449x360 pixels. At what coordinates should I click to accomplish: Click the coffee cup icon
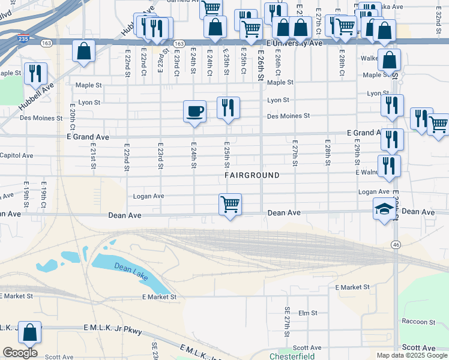[x=194, y=112]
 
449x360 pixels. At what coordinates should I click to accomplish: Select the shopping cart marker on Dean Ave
[x=231, y=205]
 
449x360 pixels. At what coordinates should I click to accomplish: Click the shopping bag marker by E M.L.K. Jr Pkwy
[x=29, y=332]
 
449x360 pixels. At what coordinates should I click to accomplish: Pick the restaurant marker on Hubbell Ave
[x=35, y=74]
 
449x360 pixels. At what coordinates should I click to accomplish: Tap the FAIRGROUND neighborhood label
[x=252, y=175]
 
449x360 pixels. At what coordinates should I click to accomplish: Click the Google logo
[x=20, y=353]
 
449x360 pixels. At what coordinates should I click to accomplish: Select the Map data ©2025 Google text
[x=411, y=355]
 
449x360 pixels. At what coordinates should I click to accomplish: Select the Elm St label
[x=307, y=313]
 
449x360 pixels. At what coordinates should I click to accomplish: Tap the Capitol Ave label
[x=17, y=155]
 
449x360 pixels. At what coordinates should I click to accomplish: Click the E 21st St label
[x=94, y=155]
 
